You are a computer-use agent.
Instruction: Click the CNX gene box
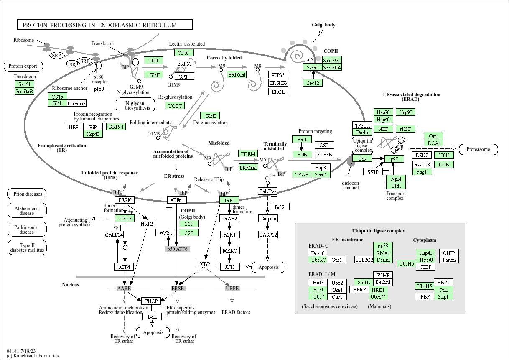pyautogui.click(x=184, y=53)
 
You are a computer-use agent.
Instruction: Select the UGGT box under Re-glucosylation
pyautogui.click(x=175, y=106)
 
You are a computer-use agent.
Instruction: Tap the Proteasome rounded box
pyautogui.click(x=478, y=149)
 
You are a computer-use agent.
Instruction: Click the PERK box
pyautogui.click(x=125, y=200)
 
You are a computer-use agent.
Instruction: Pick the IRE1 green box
pyautogui.click(x=229, y=200)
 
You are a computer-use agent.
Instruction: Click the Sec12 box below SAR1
pyautogui.click(x=313, y=83)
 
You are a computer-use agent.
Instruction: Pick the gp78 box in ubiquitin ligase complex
pyautogui.click(x=383, y=245)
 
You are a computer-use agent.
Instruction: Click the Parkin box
pyautogui.click(x=449, y=260)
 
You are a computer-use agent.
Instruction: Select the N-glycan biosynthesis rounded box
pyautogui.click(x=135, y=105)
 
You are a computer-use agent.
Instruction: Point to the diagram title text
pyautogui.click(x=99, y=25)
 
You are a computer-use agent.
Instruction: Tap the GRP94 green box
pyautogui.click(x=116, y=127)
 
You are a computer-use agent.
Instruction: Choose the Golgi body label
pyautogui.click(x=323, y=25)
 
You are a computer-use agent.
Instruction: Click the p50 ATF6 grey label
pyautogui.click(x=178, y=249)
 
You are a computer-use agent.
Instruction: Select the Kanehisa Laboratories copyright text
pyautogui.click(x=33, y=356)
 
